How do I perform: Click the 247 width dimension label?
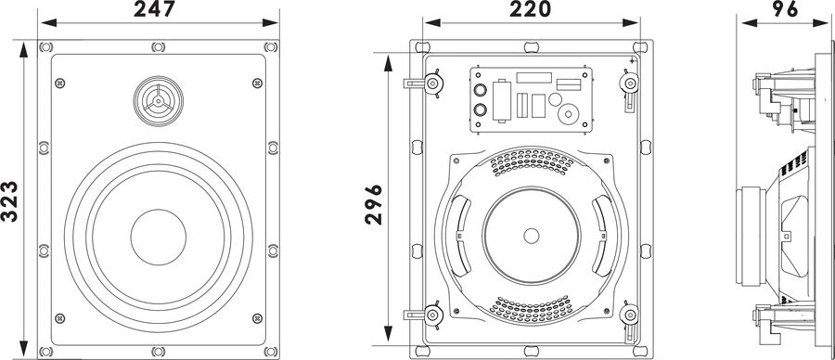click(x=154, y=9)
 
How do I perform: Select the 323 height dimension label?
click(x=9, y=200)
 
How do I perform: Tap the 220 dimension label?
click(x=530, y=9)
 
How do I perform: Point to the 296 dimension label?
click(x=374, y=204)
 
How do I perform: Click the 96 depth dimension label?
click(x=786, y=9)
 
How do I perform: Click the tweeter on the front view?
click(x=158, y=101)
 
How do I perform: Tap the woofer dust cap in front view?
click(x=158, y=237)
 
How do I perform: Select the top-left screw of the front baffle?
click(x=60, y=84)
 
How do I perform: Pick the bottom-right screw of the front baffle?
click(x=257, y=318)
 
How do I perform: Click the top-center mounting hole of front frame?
click(x=158, y=47)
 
